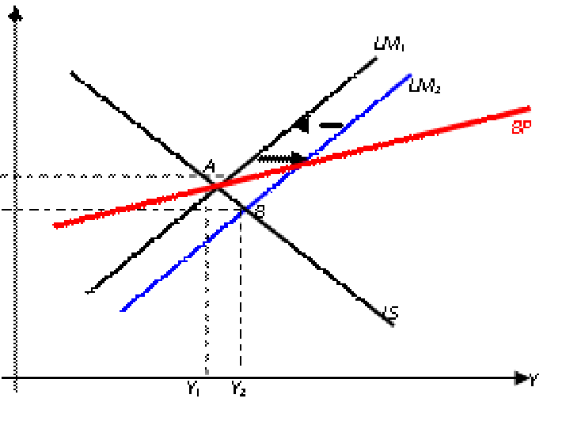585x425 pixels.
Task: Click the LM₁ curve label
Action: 389,45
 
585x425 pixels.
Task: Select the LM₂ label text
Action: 424,86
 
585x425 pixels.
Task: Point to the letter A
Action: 209,166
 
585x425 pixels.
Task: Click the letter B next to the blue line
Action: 260,211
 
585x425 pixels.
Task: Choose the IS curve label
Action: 390,313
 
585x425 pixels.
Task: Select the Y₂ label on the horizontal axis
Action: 238,389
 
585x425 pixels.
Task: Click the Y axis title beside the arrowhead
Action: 534,381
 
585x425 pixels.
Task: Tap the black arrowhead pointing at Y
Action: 521,378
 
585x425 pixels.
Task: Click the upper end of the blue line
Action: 410,75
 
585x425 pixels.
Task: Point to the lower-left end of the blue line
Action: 123,309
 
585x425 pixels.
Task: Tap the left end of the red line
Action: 55,226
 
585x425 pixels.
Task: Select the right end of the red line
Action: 529,108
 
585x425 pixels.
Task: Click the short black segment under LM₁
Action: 367,65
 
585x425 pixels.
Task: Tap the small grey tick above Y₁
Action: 207,371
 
